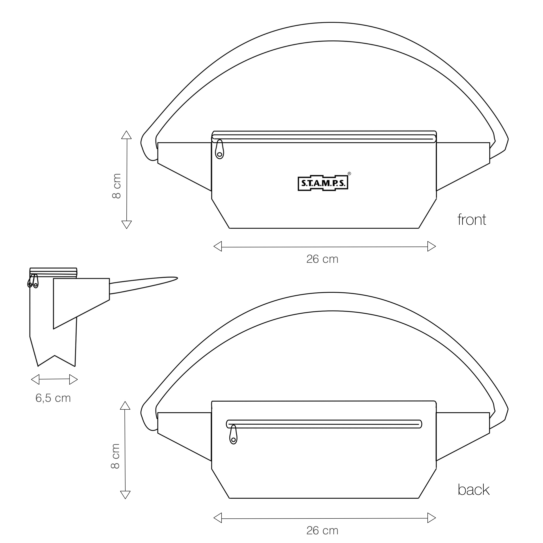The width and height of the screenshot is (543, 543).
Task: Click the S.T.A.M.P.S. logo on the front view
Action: pos(323,184)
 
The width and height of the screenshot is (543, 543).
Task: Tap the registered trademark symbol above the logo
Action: pos(349,174)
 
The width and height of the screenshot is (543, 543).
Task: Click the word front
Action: pos(472,220)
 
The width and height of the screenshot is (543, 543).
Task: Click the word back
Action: pos(473,490)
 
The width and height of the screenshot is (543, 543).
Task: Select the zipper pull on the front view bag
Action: pos(220,149)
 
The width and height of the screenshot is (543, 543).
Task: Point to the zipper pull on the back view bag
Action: pos(233,435)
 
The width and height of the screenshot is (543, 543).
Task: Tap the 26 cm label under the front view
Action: pos(322,259)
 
